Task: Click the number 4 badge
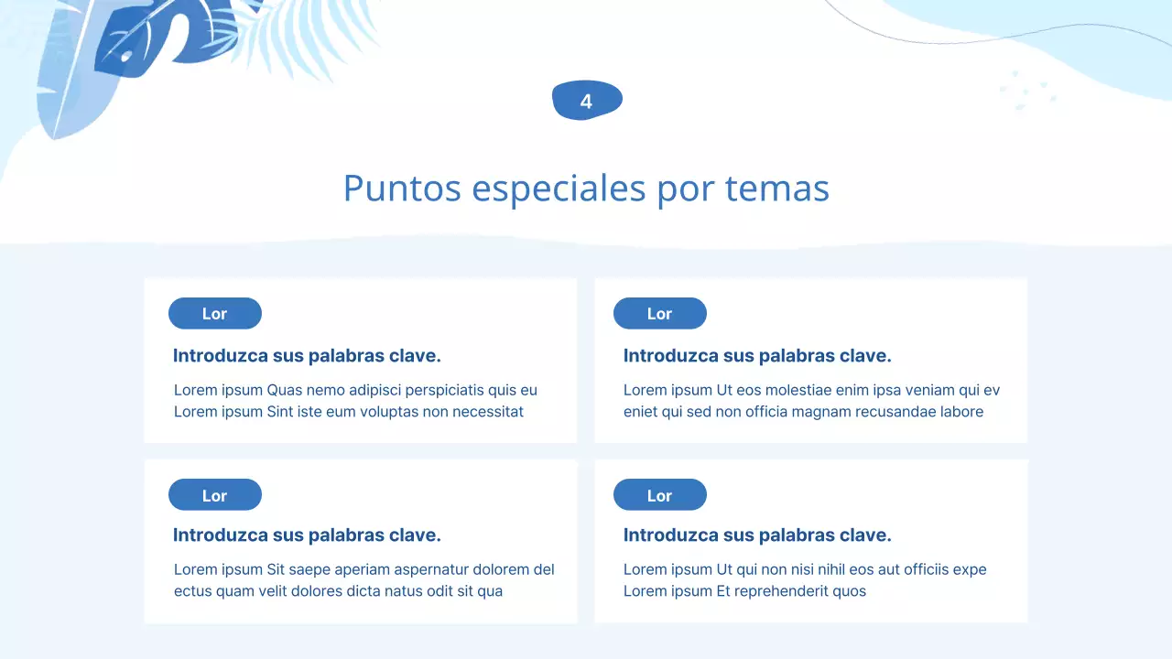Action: click(x=587, y=101)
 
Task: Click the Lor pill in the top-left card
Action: click(x=215, y=313)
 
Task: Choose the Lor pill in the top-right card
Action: click(x=660, y=313)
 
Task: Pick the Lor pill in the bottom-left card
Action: click(x=215, y=495)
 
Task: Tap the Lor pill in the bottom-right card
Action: click(x=660, y=495)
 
